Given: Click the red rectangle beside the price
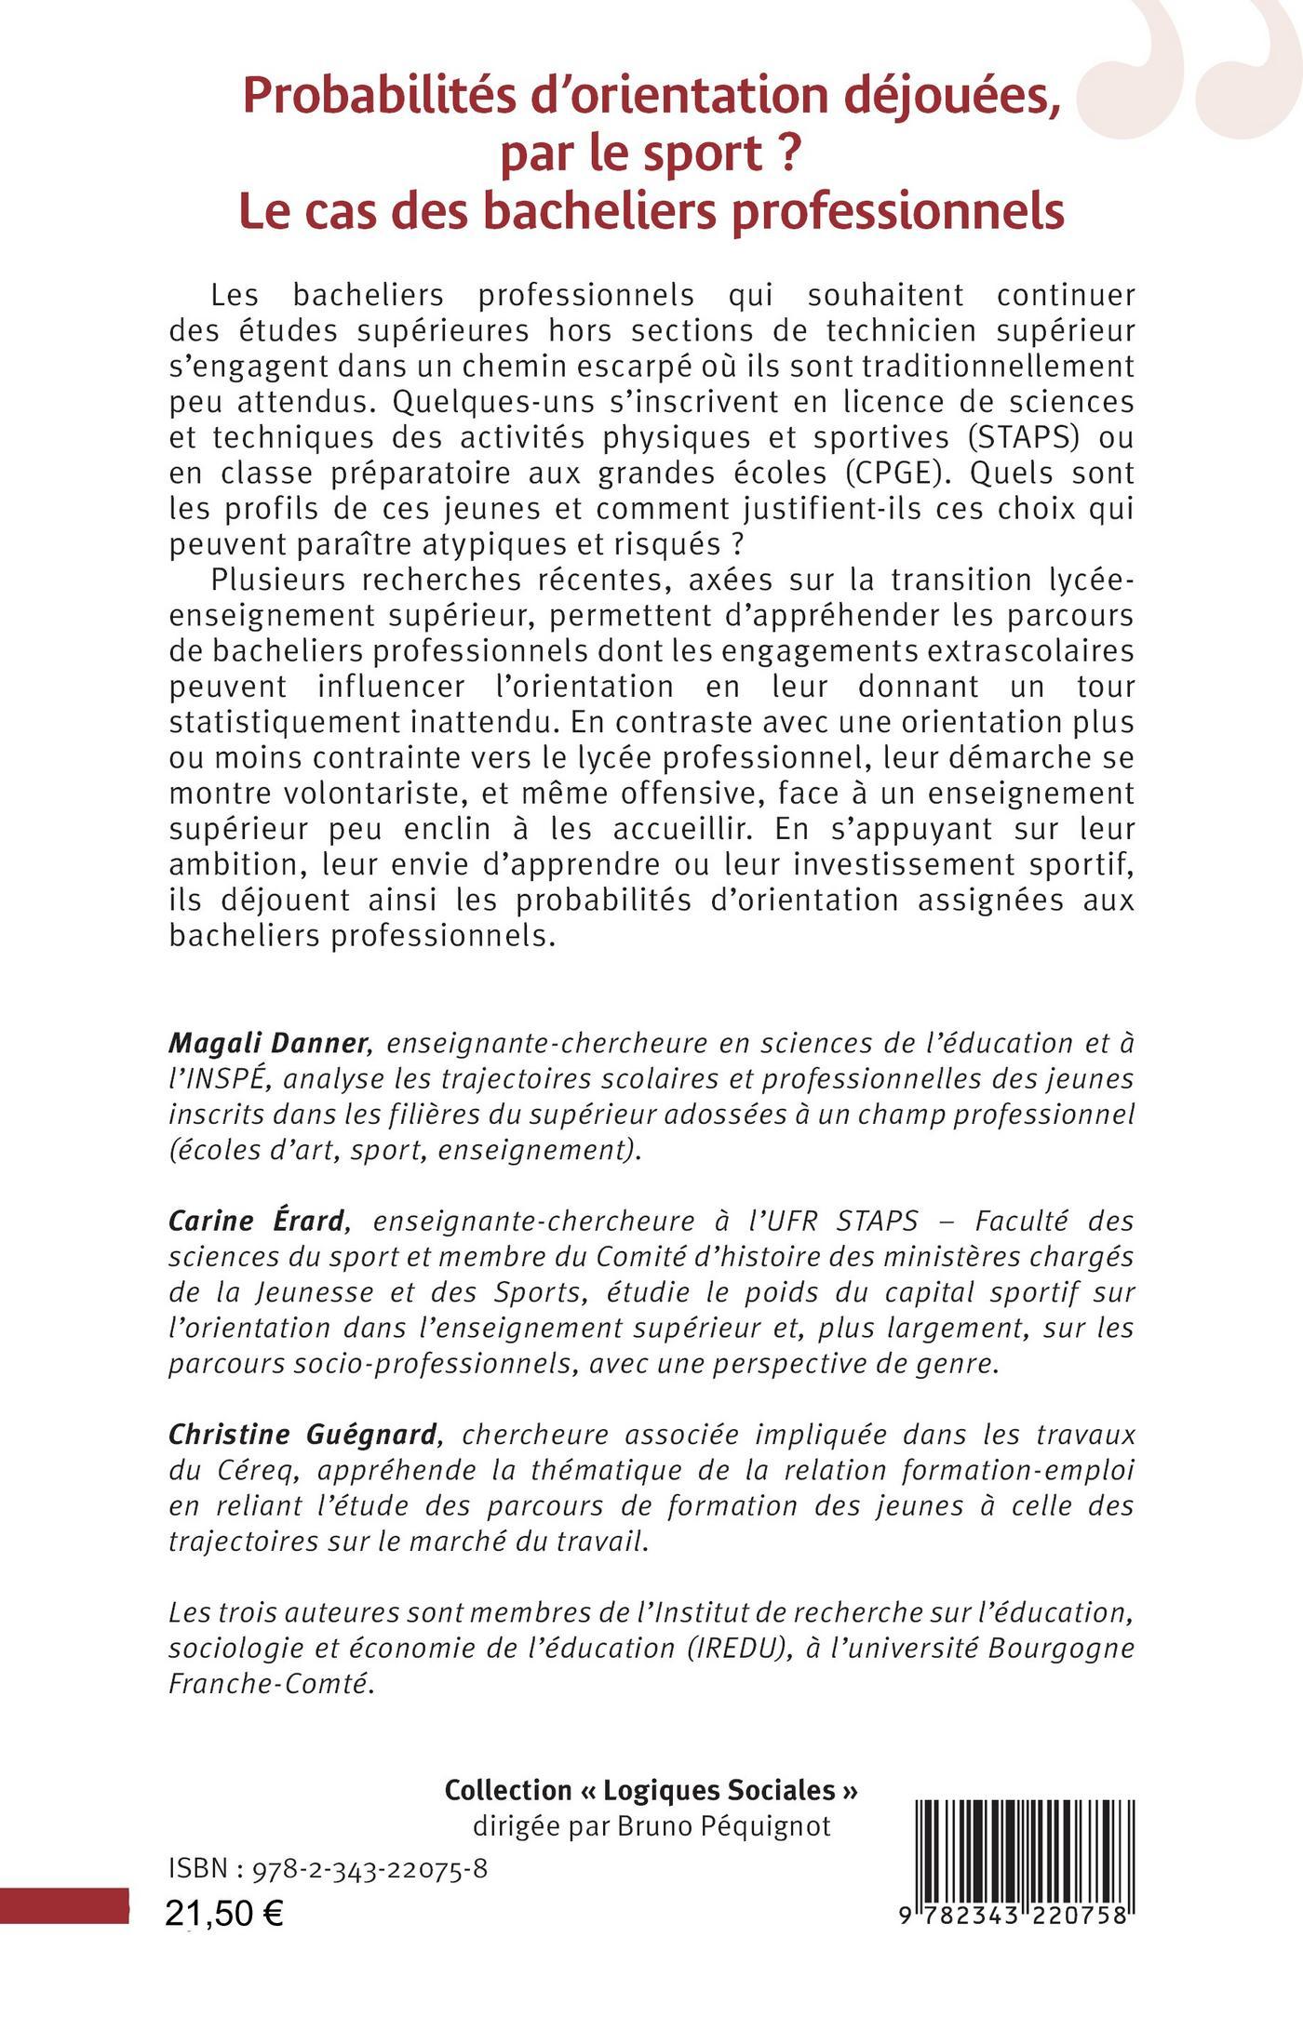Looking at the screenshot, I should (63, 1904).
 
